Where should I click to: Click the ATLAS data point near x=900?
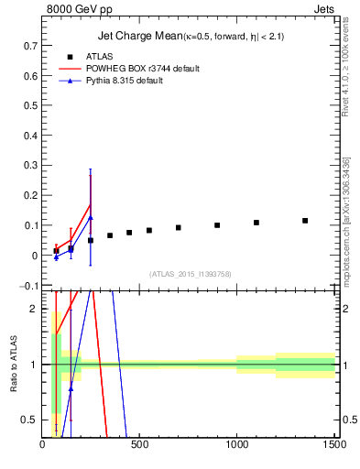(x=217, y=225)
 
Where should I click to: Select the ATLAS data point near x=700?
(x=179, y=228)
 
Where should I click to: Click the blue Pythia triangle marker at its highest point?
(x=91, y=217)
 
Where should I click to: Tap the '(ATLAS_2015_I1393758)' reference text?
(x=191, y=274)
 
